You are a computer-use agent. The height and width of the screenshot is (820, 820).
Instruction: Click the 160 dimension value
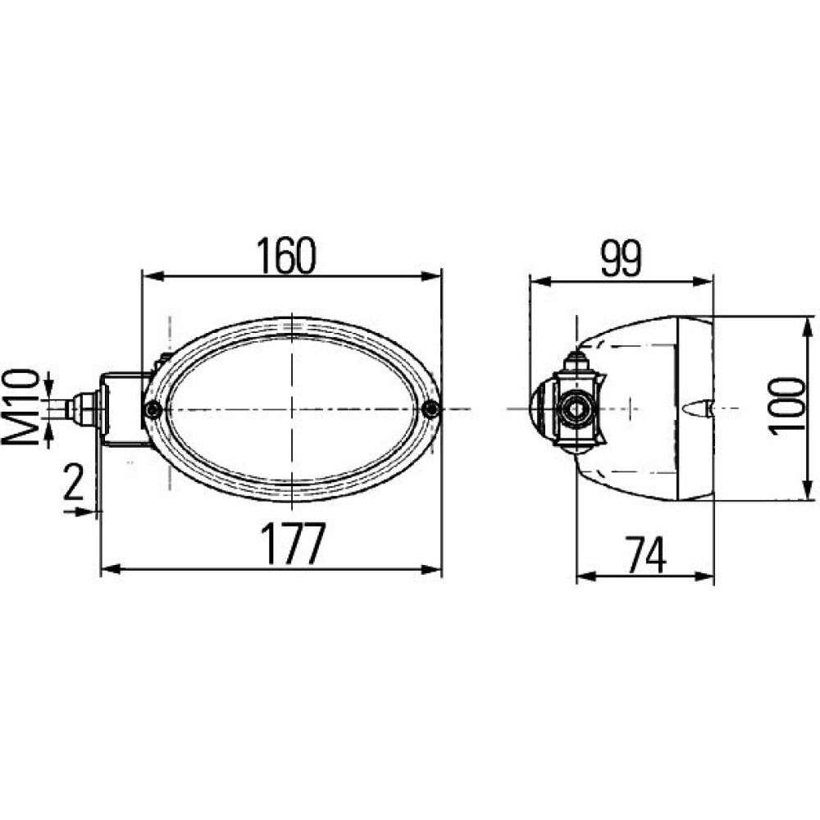point(286,256)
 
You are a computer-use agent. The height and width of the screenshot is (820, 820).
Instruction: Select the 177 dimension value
point(293,544)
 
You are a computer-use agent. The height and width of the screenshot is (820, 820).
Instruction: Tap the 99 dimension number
point(621,260)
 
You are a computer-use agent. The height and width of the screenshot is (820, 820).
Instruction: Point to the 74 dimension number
point(646,555)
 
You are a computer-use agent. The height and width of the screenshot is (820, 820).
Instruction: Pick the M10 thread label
point(21,407)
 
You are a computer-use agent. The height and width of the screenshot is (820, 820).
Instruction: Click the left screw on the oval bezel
point(153,409)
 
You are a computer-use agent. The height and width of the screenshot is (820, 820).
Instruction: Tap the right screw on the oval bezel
point(431,409)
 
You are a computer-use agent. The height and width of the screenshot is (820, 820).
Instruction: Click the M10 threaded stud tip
point(69,408)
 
